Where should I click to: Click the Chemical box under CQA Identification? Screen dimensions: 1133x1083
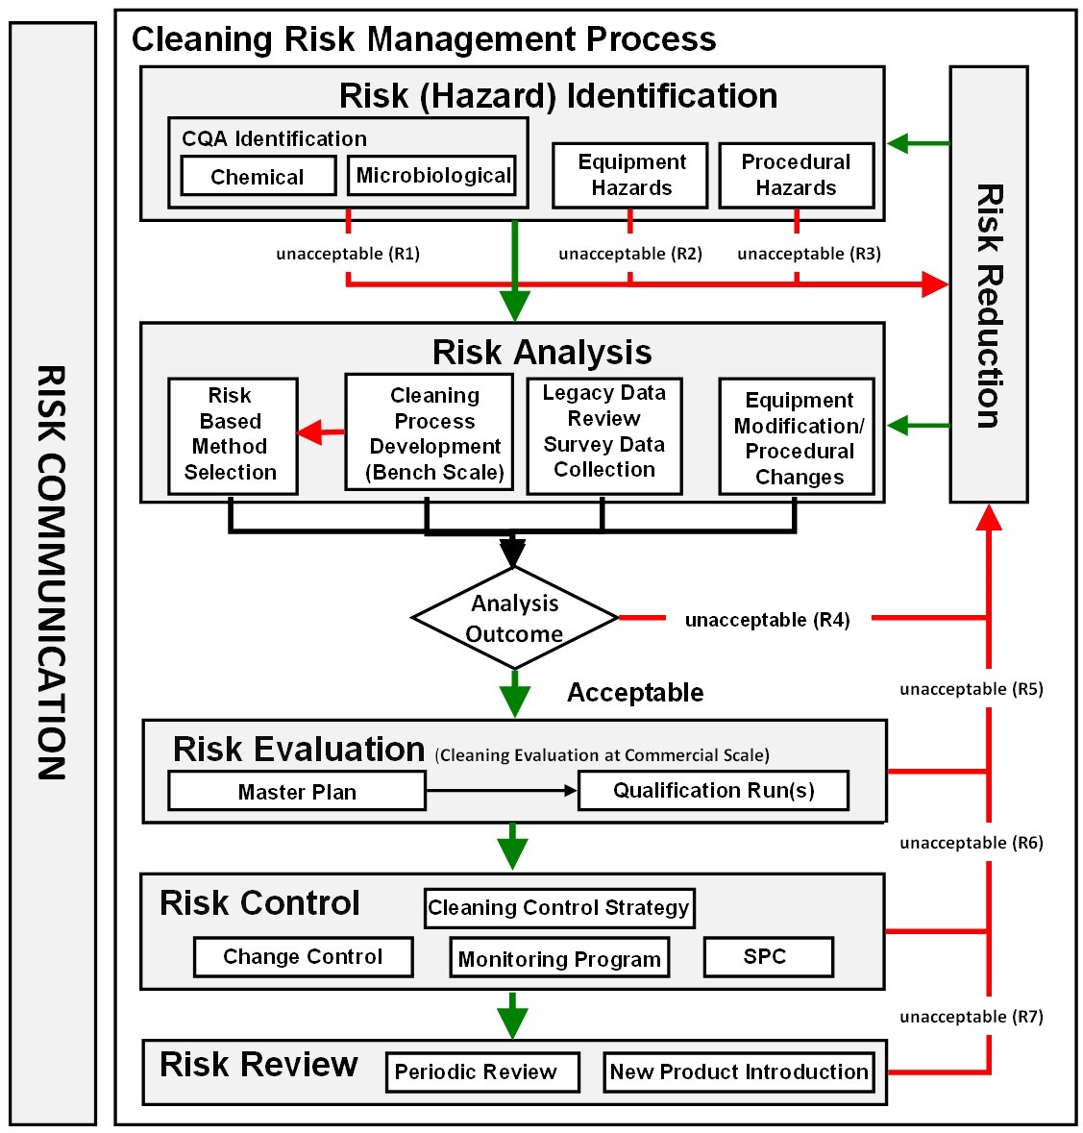pos(258,177)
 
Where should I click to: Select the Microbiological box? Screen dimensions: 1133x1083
pos(432,176)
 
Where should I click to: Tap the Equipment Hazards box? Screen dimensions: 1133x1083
pos(630,175)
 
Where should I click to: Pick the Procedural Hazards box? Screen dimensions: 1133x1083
pos(796,175)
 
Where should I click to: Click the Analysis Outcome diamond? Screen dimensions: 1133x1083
pos(514,618)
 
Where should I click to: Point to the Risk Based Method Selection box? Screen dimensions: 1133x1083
pos(232,435)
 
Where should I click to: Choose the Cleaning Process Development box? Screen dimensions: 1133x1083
pos(434,433)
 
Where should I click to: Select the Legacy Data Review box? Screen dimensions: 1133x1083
pos(604,433)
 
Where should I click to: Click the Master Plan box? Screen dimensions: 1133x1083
pos(297,792)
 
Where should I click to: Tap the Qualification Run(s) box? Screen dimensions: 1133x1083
pos(713,791)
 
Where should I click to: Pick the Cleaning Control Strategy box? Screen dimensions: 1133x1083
pos(558,907)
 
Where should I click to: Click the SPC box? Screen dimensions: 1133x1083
pos(768,957)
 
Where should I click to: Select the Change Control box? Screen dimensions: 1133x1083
pos(303,957)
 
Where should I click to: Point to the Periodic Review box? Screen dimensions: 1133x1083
pos(481,1072)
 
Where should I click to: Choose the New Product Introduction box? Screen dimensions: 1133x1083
pos(739,1072)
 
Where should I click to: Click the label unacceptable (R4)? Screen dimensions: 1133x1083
pos(767,620)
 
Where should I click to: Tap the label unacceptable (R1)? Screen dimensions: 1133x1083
pos(348,254)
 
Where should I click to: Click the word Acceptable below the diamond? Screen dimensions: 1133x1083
pos(635,693)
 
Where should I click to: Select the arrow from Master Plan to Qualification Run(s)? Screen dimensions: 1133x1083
pos(501,791)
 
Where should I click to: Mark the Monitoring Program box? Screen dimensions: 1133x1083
pos(559,959)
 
